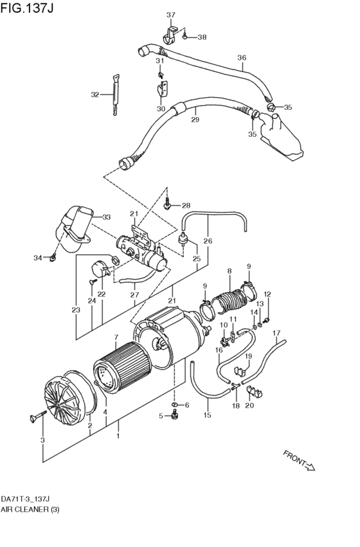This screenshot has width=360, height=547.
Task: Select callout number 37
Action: coord(171,15)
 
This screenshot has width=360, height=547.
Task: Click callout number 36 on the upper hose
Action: coord(242,58)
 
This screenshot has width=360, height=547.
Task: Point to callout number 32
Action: coord(94,94)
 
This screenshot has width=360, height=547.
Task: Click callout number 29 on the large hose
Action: coord(195,120)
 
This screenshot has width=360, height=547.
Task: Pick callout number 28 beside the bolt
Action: coord(186,206)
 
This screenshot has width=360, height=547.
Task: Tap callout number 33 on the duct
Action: coord(106,217)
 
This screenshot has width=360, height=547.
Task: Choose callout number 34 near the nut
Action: coord(38,258)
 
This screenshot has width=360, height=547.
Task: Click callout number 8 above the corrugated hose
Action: coord(228,272)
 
